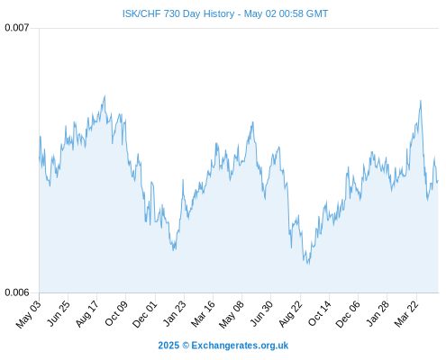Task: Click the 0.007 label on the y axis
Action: pos(17,28)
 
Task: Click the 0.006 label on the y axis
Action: pos(17,292)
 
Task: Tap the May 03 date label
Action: pos(28,314)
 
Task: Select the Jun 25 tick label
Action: pos(59,313)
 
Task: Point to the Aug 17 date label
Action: pos(87,313)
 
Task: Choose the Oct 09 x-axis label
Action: pos(116,313)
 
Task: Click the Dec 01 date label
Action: pos(145,314)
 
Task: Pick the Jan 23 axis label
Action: pos(175,313)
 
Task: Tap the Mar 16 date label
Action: pos(204,313)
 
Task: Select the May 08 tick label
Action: pos(232,314)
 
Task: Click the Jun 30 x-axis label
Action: pos(261,313)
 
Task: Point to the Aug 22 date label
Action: pos(290,313)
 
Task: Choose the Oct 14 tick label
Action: pos(320,313)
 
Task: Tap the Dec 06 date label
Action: pos(348,314)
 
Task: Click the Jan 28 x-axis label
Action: pos(378,313)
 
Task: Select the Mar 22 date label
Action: pos(406,313)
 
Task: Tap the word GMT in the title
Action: pos(317,13)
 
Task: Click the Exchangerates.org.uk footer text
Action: pos(240,346)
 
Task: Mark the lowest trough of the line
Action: pos(308,265)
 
